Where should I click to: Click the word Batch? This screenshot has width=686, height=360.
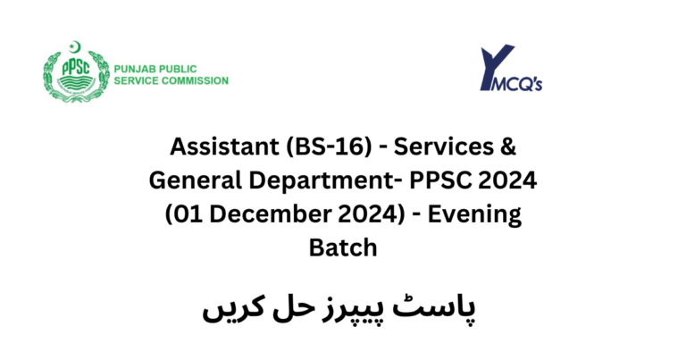point(342,247)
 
